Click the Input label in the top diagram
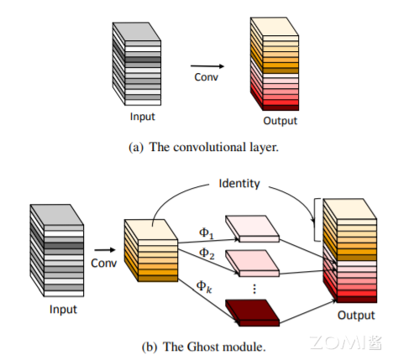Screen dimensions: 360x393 click(142, 116)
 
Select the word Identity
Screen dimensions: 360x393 click(238, 182)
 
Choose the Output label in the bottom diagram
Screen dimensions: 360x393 click(356, 316)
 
